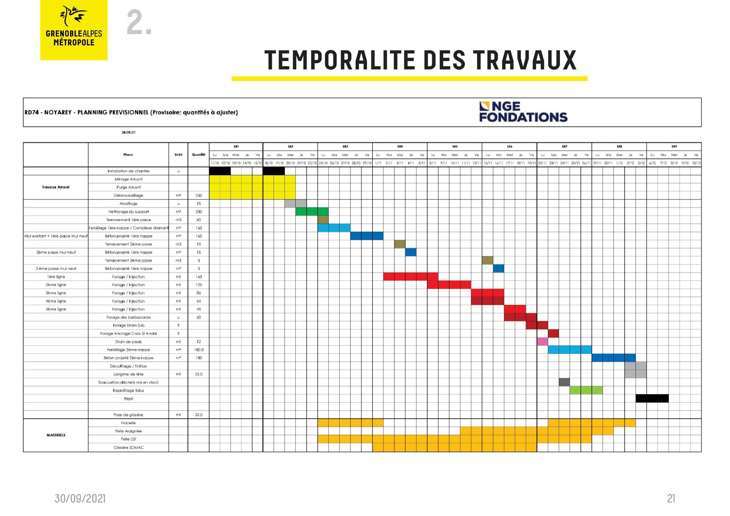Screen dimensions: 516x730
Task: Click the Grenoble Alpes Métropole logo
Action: [x=74, y=30]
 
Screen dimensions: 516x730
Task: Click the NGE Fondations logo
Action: [x=523, y=112]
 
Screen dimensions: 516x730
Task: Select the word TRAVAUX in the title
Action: [x=524, y=60]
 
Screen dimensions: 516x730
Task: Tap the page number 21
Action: [x=671, y=499]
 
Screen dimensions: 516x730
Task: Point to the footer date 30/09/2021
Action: [x=80, y=499]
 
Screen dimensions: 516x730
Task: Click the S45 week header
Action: [x=455, y=147]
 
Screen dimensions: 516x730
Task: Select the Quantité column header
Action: [x=198, y=154]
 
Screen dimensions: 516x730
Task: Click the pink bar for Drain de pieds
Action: [x=542, y=342]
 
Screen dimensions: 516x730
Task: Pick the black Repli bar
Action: [x=652, y=398]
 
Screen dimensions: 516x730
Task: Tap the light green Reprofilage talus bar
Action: [x=586, y=390]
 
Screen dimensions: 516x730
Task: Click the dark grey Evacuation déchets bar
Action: [x=564, y=382]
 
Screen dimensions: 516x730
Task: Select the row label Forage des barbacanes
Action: [x=129, y=317]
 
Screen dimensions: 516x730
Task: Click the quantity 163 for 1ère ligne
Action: [x=199, y=277]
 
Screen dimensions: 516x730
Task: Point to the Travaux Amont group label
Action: [x=56, y=187]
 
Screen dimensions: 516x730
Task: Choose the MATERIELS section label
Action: [x=56, y=435]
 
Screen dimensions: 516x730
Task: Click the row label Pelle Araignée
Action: [x=129, y=431]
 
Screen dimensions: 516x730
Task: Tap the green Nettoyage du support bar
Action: [x=312, y=212]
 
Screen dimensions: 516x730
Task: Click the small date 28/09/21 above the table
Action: [x=129, y=132]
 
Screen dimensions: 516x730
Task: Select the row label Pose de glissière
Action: [x=129, y=415]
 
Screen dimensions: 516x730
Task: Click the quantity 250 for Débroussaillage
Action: [x=199, y=196]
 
